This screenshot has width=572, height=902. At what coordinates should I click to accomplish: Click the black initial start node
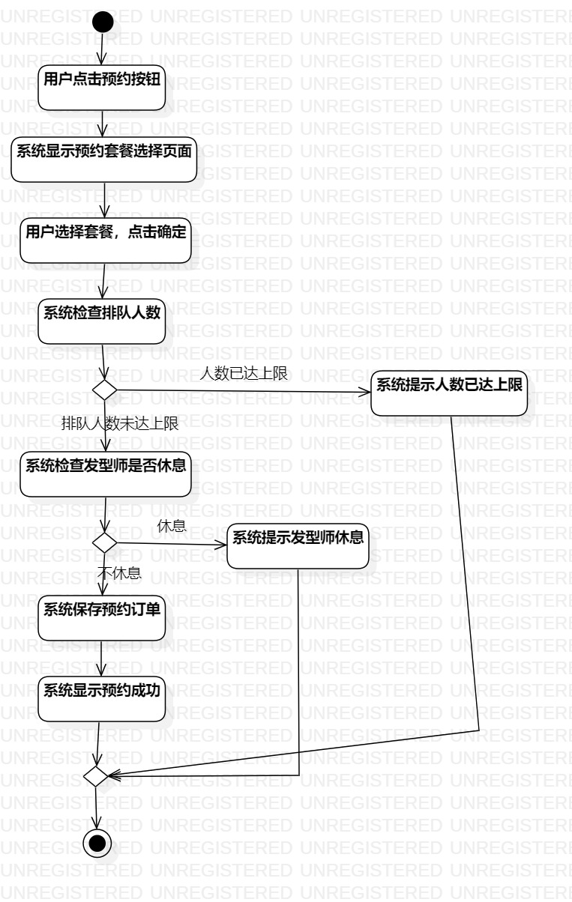click(x=103, y=22)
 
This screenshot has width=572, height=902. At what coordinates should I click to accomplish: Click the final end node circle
click(x=97, y=844)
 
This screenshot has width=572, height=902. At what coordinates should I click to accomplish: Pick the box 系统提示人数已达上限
click(x=449, y=394)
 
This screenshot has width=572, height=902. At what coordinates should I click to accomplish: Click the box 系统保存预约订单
click(x=102, y=619)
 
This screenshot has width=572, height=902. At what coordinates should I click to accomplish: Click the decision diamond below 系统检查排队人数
click(x=103, y=390)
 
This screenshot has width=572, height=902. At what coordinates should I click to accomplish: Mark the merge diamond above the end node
click(x=97, y=776)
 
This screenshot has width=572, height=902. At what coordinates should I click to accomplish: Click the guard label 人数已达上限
click(x=244, y=374)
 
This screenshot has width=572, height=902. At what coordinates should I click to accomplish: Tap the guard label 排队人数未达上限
click(x=120, y=424)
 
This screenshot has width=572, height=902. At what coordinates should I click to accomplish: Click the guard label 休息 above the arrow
click(x=171, y=526)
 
